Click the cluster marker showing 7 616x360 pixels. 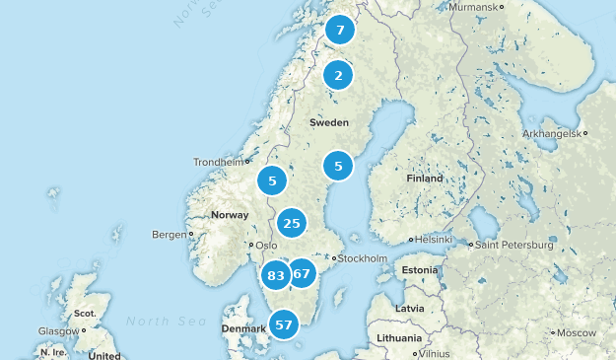[340, 31]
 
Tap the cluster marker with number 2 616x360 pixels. [338, 76]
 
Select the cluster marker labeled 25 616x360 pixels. [292, 224]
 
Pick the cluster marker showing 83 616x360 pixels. [276, 275]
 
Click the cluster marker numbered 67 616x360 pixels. [302, 273]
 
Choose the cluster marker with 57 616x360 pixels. [285, 324]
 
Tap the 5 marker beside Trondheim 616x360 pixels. [272, 180]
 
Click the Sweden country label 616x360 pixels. [329, 123]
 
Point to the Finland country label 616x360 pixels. [425, 179]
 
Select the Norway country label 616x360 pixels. [230, 215]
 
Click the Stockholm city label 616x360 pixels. [363, 259]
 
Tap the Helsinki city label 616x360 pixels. [433, 240]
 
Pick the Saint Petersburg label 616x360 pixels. [511, 244]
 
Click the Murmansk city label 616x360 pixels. [473, 7]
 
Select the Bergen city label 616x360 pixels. [169, 235]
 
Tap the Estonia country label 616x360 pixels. [419, 269]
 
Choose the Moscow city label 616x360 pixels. [576, 332]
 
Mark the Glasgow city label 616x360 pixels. [58, 331]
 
